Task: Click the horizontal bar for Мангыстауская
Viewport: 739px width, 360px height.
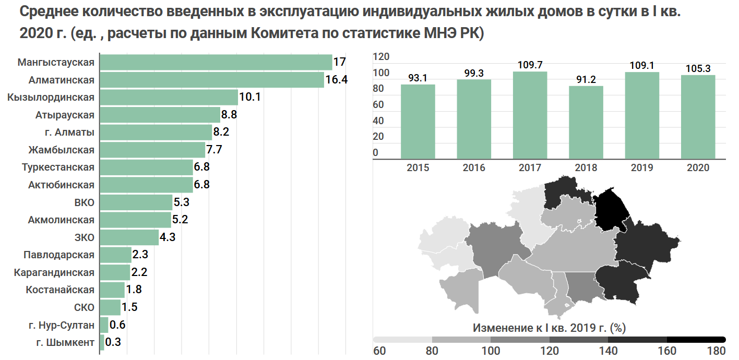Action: point(216,62)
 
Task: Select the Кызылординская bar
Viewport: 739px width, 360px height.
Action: point(169,97)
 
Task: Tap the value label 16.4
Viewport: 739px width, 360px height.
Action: point(337,80)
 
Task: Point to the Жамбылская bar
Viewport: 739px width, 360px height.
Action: point(152,150)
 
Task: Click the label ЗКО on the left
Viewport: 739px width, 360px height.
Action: point(85,237)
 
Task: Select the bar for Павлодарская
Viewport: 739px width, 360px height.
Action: point(115,255)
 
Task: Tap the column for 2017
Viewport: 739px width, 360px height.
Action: point(530,115)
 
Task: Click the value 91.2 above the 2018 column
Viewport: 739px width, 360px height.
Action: point(586,80)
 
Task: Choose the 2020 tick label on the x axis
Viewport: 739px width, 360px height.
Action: point(698,167)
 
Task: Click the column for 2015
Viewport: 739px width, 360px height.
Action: point(418,121)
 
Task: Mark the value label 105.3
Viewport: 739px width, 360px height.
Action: point(698,69)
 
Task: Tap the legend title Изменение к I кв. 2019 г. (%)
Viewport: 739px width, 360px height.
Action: point(549,328)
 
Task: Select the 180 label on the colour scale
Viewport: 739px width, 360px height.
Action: point(716,350)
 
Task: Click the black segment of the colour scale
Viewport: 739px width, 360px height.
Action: point(696,340)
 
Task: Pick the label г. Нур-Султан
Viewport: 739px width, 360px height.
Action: point(62,325)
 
